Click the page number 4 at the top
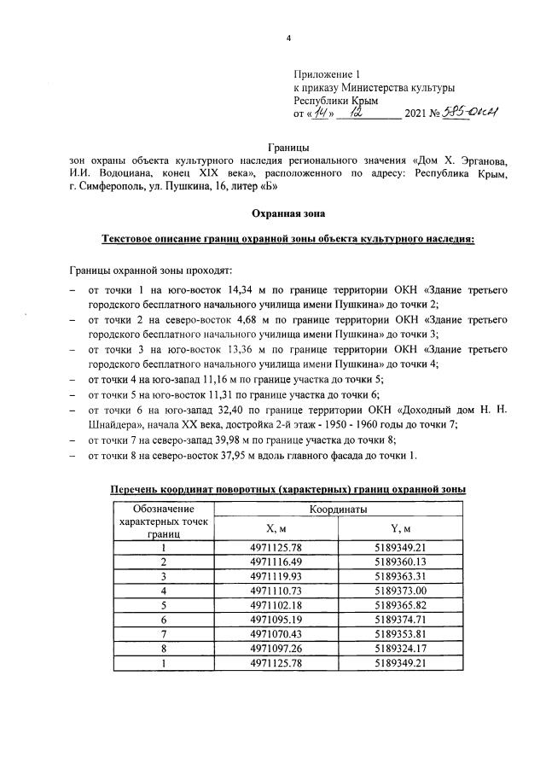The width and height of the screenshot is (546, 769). tap(288, 38)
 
